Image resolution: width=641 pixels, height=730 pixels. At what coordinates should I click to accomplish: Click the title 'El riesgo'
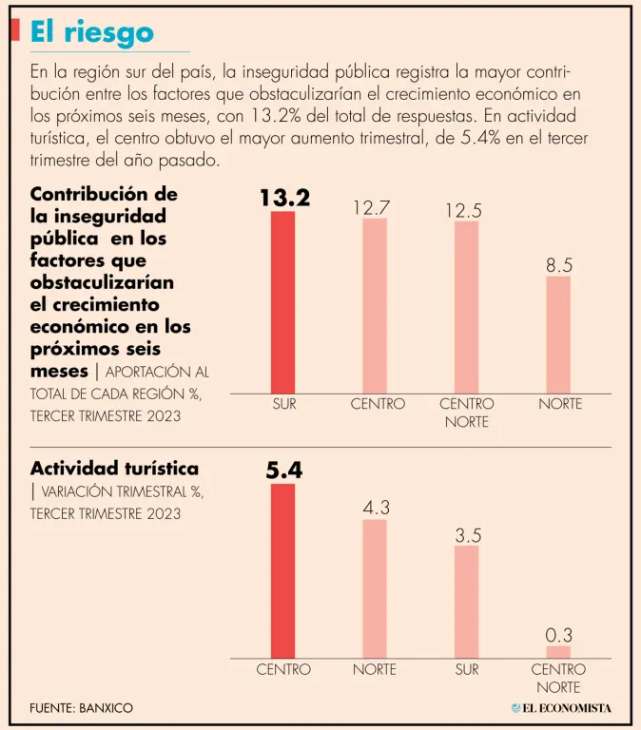coord(91,31)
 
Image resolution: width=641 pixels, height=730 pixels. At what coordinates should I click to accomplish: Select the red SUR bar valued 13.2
coord(282,301)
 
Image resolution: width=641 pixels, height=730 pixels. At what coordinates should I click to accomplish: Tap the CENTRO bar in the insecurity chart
coord(375,305)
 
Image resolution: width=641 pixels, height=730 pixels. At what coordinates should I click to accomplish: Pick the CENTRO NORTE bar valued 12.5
coord(466,306)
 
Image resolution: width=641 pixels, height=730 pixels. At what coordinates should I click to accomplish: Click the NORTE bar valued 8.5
coord(558,334)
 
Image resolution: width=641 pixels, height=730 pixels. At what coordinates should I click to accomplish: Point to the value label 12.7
coord(373,206)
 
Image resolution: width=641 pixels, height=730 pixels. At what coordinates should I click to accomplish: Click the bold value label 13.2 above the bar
coord(284,198)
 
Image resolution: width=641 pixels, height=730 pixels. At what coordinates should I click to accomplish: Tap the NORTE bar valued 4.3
coord(375,587)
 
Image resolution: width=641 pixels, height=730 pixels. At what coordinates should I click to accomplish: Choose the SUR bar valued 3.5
coord(466,601)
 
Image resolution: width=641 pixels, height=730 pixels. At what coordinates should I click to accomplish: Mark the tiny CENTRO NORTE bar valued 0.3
coord(558,652)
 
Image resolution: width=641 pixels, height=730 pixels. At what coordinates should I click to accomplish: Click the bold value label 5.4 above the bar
coord(283,470)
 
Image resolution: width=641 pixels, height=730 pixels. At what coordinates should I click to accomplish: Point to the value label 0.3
coord(559,634)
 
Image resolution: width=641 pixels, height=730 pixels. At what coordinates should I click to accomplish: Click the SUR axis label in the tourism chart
coord(466,669)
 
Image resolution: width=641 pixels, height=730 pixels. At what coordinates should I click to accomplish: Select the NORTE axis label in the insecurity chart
coord(559,404)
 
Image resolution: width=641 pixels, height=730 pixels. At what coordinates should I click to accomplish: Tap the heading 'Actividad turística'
coord(114,469)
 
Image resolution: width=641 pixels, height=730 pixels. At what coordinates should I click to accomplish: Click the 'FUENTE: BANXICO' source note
coord(81,708)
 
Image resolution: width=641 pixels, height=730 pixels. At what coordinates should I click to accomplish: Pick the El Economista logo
coord(561,708)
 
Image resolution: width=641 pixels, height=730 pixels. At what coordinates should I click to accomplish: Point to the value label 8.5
coord(559,265)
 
